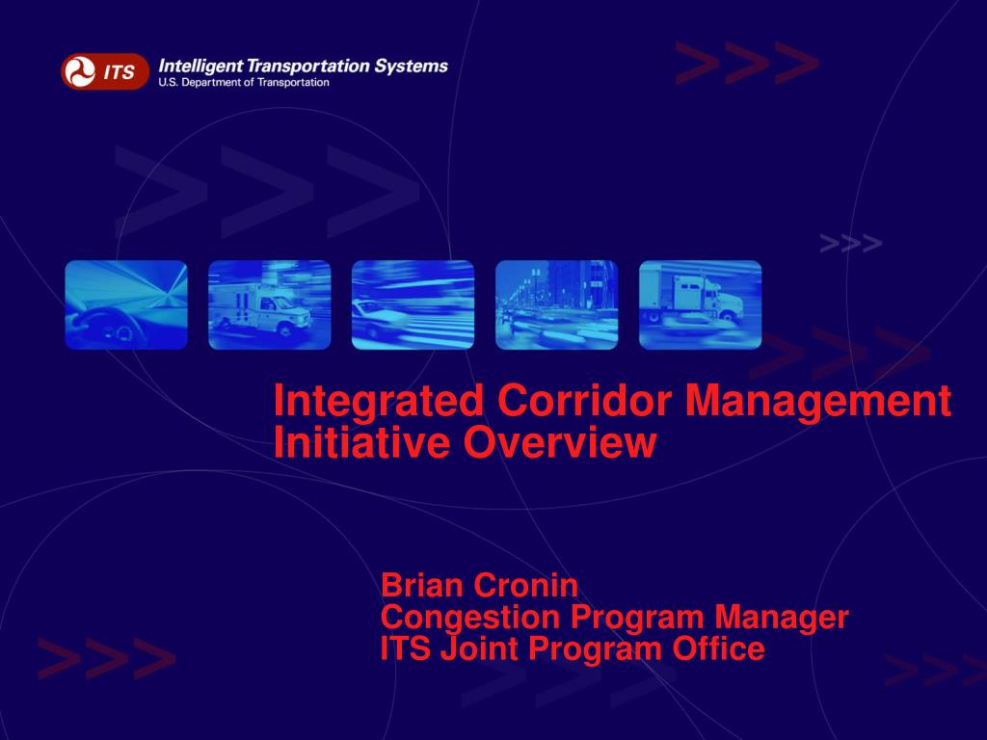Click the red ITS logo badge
(105, 71)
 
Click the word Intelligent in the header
(200, 66)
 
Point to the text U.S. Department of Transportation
(244, 83)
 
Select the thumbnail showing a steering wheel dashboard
(126, 304)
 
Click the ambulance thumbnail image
(270, 304)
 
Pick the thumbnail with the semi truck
(700, 304)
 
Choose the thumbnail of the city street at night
(556, 304)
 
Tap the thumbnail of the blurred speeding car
(413, 304)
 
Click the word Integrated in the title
(379, 402)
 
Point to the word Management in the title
(817, 402)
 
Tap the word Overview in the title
(560, 441)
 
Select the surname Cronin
(527, 585)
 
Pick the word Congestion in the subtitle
(470, 618)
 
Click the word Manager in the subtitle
(781, 618)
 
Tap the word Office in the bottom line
(718, 648)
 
